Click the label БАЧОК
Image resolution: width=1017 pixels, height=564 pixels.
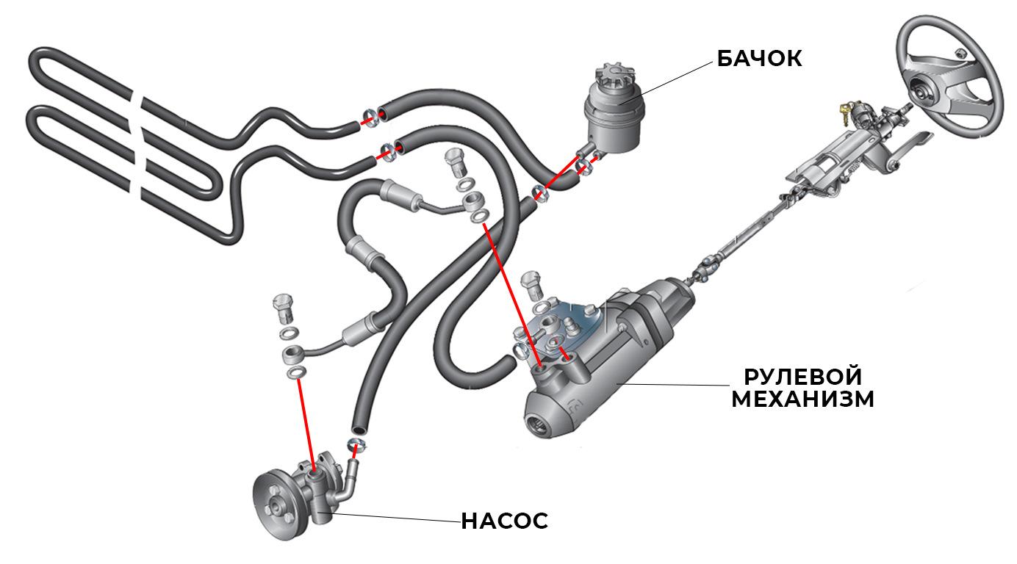[760, 59]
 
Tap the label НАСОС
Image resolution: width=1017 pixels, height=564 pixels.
[504, 521]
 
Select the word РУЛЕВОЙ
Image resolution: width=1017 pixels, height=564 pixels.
[802, 377]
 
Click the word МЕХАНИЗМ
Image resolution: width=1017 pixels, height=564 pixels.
[802, 399]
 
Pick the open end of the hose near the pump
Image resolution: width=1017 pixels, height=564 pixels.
[359, 429]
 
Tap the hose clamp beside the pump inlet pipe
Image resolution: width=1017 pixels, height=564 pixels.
[356, 446]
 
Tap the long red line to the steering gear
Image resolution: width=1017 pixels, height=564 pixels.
[511, 294]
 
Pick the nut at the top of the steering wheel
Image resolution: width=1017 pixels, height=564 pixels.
[959, 54]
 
